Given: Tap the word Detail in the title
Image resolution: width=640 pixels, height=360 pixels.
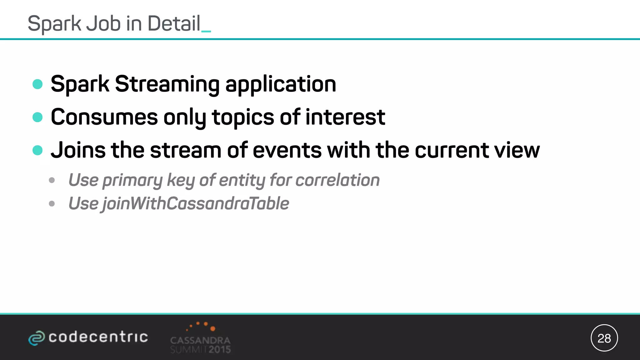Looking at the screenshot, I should click(174, 24).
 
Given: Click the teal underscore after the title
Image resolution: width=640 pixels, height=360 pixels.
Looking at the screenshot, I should click(206, 31).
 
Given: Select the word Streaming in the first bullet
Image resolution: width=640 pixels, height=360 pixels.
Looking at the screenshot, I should click(167, 84).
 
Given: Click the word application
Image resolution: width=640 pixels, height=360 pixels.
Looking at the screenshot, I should click(281, 84).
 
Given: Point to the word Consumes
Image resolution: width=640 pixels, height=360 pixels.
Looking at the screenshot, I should click(104, 117).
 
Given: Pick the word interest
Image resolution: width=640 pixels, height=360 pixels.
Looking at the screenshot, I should click(345, 117).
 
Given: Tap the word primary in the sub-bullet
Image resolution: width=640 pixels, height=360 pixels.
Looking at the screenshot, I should click(132, 181).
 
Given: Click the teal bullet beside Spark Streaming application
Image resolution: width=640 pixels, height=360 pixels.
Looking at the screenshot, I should click(37, 84).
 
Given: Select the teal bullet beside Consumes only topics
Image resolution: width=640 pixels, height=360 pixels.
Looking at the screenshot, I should click(37, 117).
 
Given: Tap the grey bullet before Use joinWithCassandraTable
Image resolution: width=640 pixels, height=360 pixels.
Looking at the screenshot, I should click(52, 204).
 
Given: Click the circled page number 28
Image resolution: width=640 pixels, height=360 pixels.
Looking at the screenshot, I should click(604, 338).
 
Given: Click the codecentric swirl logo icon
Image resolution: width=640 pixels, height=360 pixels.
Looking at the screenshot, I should click(36, 338).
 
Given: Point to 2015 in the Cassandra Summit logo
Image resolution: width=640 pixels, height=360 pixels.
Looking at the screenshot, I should click(220, 349).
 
